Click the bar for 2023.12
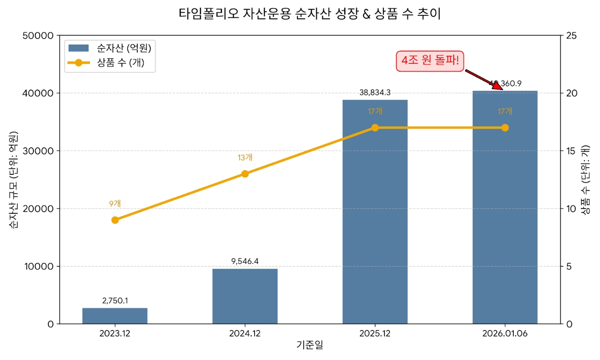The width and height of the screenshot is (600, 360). click(115, 316)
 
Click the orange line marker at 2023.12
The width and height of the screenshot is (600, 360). click(115, 220)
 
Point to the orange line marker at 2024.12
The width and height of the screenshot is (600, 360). click(245, 174)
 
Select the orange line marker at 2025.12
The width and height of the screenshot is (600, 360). click(375, 127)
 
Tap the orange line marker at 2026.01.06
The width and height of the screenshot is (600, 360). click(505, 127)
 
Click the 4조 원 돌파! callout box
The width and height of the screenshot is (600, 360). click(430, 61)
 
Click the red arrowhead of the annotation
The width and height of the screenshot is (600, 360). click(497, 85)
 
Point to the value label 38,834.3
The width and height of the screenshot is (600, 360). click(375, 93)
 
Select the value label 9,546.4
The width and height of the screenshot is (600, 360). click(245, 261)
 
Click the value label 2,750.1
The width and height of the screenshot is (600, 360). click(115, 300)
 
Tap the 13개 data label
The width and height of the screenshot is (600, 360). click(245, 157)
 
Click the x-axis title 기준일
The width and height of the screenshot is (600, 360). click(310, 345)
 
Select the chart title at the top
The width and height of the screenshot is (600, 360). click(310, 14)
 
